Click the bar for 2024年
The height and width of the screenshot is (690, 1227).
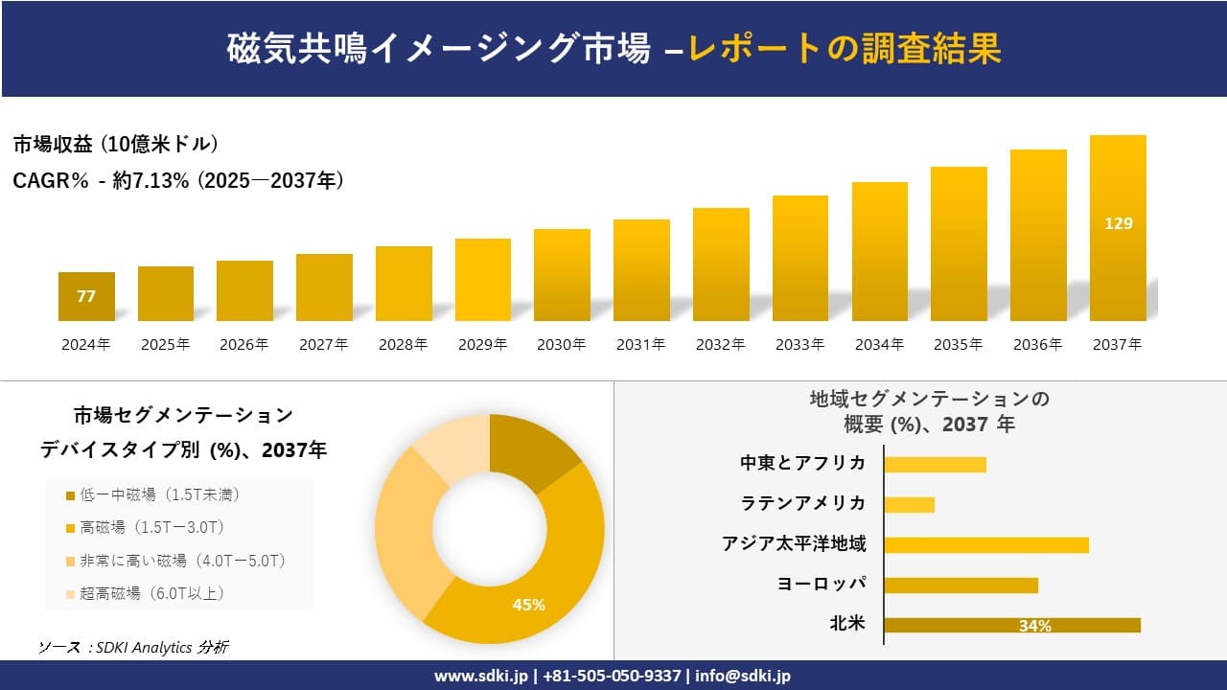pos(86,296)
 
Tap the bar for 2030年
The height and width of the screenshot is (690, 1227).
pos(562,275)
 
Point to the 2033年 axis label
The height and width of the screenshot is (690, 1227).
pos(799,345)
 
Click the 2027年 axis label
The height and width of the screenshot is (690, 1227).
pos(323,345)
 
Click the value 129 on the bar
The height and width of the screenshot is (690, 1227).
pos(1118,223)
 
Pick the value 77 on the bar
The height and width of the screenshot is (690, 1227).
pos(86,296)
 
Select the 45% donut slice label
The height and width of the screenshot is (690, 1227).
pos(528,605)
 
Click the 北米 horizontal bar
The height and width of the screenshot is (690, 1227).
pos(1011,625)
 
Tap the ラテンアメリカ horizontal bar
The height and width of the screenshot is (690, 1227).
pos(909,504)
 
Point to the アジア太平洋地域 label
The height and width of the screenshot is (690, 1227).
pos(794,544)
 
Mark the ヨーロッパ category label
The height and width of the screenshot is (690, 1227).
pos(822,585)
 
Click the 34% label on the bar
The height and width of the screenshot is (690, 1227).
pos(1034,626)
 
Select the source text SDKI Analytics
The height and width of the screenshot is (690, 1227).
pos(144,648)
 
